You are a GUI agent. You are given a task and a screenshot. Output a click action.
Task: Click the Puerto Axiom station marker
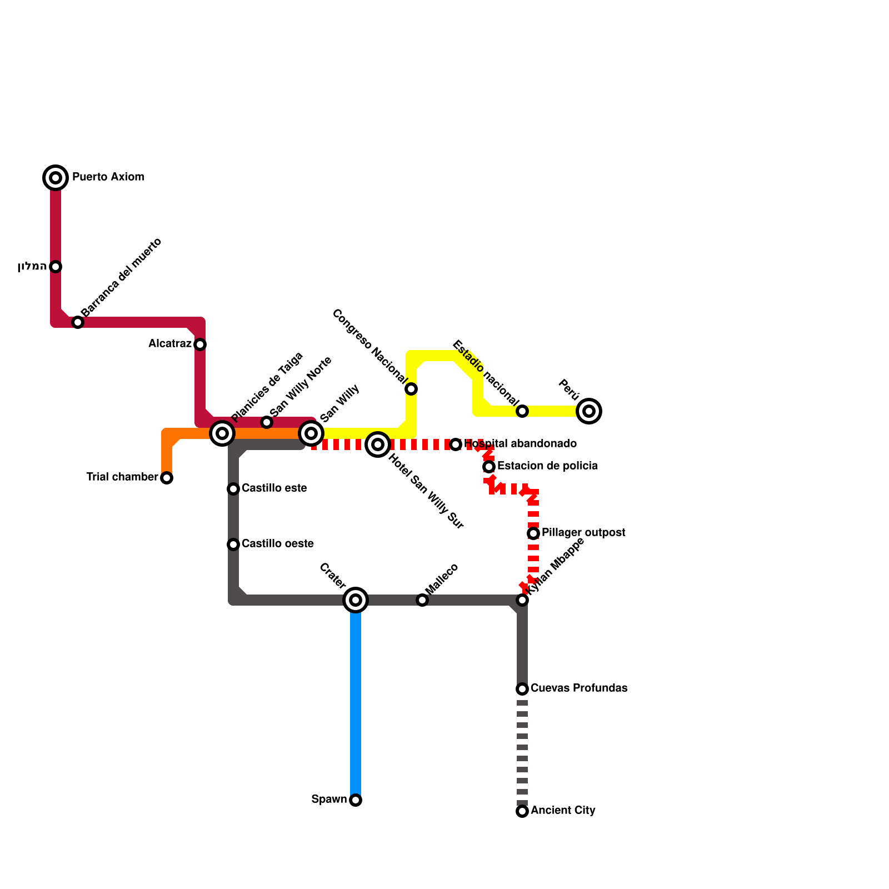coord(56,178)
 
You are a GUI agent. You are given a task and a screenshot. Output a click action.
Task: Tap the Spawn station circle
coord(356,800)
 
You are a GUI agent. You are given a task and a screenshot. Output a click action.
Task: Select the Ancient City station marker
coord(522,811)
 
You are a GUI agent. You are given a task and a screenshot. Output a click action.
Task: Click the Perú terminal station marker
coord(589,411)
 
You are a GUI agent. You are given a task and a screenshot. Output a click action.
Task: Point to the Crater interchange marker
coord(356,600)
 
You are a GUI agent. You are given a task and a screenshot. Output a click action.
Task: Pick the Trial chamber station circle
coord(167,478)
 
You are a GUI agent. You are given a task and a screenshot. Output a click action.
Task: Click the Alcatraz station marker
coord(200,344)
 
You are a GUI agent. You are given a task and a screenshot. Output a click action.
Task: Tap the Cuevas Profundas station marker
coord(522,689)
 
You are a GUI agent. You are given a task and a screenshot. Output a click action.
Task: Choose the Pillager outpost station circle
coord(533,533)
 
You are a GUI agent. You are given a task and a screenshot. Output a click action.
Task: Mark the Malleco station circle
coord(422,600)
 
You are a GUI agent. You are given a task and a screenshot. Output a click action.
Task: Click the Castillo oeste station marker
coord(233,545)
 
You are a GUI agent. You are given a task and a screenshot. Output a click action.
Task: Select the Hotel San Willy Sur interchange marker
coord(378,444)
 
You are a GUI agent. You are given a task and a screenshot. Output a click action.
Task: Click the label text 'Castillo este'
coord(274,488)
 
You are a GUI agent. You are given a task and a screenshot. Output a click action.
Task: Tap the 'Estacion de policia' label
coord(547,466)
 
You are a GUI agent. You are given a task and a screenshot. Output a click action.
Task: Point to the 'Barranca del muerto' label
coord(121,278)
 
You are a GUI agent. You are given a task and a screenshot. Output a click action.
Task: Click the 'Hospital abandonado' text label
coord(521,444)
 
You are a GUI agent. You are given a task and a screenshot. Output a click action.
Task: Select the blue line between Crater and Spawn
coord(356,700)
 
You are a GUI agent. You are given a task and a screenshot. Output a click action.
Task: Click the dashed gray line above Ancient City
coord(522,750)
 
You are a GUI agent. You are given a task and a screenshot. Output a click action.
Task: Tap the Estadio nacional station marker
coord(522,411)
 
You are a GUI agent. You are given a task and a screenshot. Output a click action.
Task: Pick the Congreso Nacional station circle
coord(411,389)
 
